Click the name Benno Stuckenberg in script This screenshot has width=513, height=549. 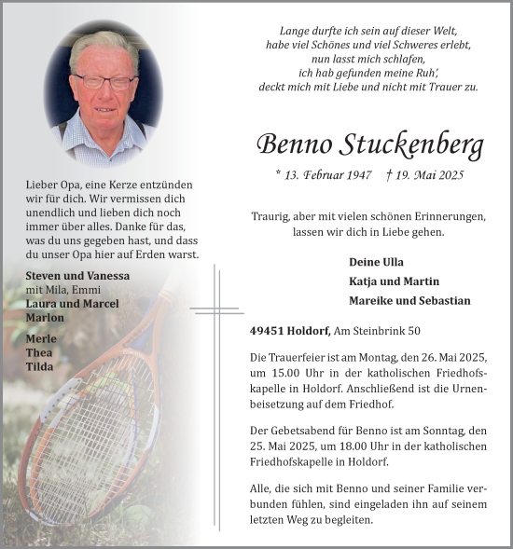click(x=370, y=145)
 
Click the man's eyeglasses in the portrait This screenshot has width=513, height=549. click(x=104, y=82)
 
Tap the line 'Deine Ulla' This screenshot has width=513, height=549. click(x=376, y=262)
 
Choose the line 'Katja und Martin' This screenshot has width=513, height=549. click(x=394, y=281)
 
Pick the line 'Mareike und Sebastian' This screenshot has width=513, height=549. click(x=409, y=301)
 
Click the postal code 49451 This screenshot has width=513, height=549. click(x=269, y=331)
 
